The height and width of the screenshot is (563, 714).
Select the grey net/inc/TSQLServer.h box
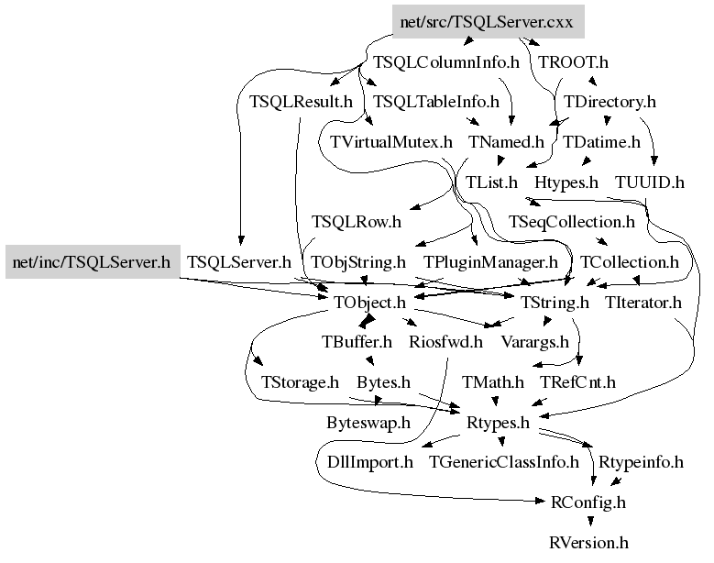(92, 263)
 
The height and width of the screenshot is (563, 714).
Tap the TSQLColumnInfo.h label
(446, 62)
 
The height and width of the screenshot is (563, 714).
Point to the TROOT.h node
(574, 62)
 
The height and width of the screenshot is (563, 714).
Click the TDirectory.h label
(610, 102)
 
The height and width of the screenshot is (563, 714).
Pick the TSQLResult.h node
(301, 102)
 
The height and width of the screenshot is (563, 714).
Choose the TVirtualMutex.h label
(391, 142)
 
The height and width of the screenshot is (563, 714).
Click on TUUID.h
(650, 182)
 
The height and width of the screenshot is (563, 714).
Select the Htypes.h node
(566, 182)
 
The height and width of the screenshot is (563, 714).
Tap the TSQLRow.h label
(357, 222)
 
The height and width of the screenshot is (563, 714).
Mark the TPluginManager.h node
(490, 263)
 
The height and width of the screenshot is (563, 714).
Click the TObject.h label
(369, 303)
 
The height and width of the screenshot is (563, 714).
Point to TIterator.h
(643, 303)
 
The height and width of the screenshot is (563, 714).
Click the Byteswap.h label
(368, 423)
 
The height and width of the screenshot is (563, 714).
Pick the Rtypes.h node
(499, 423)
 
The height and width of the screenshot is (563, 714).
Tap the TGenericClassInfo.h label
(504, 462)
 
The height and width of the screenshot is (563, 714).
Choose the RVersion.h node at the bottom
(589, 543)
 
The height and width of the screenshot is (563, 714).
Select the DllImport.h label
(370, 462)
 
